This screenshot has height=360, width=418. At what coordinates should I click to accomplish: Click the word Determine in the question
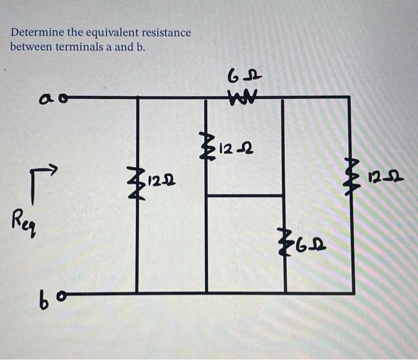click(33, 33)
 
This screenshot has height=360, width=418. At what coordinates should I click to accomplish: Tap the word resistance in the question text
click(162, 33)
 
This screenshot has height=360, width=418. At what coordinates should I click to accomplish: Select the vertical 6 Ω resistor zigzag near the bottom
click(285, 244)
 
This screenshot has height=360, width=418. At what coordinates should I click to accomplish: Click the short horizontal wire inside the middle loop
click(244, 195)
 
